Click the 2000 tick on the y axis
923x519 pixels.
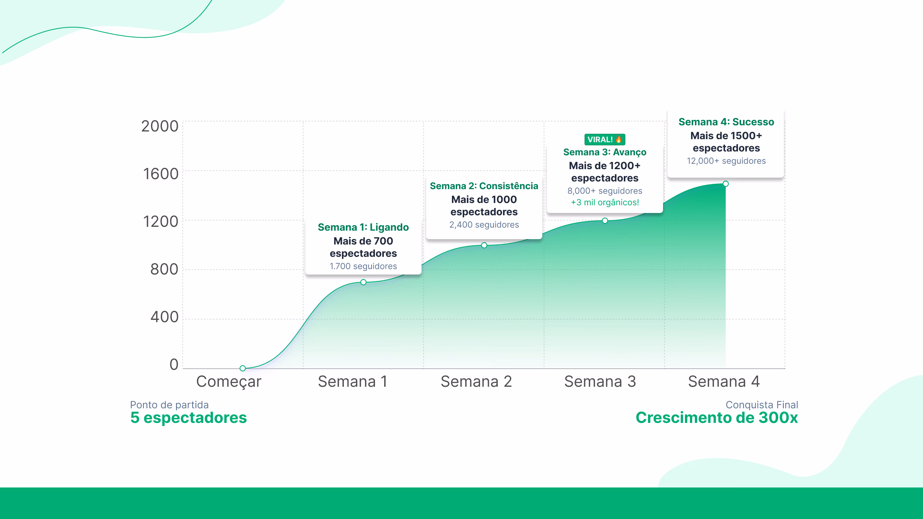tap(160, 126)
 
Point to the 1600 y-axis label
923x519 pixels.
tap(161, 174)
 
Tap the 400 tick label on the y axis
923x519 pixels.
tap(164, 317)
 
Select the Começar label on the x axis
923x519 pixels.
tap(228, 381)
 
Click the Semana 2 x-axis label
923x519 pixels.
tap(476, 381)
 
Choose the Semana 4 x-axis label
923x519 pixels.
tap(724, 381)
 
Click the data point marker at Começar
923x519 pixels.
tap(243, 368)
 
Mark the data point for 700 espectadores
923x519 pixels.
tap(363, 282)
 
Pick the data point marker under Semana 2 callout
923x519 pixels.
tap(484, 245)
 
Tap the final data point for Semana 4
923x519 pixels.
tap(726, 184)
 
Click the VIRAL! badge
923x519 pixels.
tap(605, 139)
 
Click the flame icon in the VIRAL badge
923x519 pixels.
tap(618, 139)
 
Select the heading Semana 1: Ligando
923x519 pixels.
tap(363, 227)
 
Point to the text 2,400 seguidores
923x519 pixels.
tap(484, 225)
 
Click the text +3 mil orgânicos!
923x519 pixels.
tap(605, 202)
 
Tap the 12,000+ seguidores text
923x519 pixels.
tap(726, 161)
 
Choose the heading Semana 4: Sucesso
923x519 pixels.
tap(726, 122)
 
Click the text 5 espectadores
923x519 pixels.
tap(188, 418)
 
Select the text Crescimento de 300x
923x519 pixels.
tap(716, 418)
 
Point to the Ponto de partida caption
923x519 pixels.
tap(169, 404)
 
